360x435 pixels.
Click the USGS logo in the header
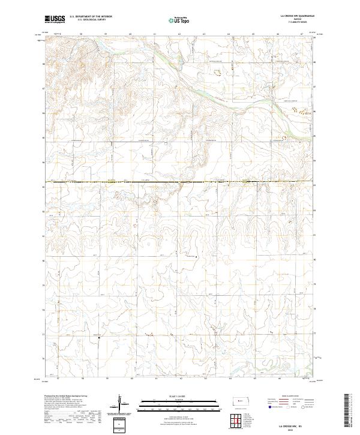click(55, 19)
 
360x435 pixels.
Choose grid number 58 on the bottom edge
click(83, 378)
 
